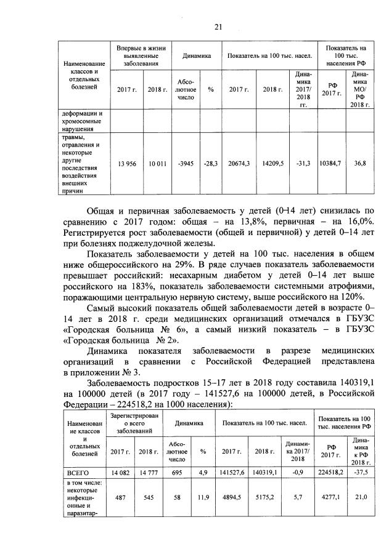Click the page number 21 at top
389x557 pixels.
click(218, 26)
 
